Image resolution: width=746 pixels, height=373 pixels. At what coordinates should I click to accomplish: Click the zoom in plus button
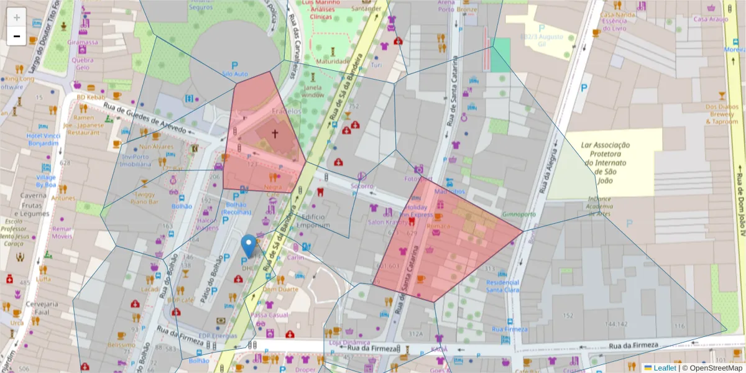(17, 17)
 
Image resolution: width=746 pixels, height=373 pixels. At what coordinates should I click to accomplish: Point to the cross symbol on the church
(275, 133)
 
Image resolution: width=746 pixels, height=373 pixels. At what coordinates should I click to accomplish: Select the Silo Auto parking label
(235, 73)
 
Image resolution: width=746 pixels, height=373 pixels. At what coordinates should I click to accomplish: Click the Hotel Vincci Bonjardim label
(43, 139)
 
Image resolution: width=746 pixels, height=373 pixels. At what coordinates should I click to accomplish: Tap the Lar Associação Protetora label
(605, 159)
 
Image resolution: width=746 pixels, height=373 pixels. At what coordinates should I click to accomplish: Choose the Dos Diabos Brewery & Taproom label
(722, 114)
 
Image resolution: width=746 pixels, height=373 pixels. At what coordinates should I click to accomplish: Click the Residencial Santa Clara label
(502, 285)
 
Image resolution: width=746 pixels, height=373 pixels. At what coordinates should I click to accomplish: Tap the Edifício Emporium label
(313, 221)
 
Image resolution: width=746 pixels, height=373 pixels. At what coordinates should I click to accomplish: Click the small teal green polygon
(500, 55)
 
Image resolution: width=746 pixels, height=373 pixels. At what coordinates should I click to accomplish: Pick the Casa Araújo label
(710, 19)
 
